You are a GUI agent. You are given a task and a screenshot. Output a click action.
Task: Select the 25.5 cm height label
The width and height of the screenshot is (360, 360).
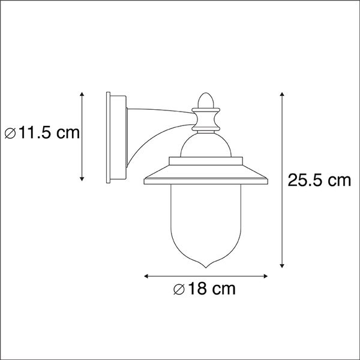(x=319, y=181)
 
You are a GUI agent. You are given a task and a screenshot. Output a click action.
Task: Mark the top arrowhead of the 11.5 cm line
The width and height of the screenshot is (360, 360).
(x=82, y=95)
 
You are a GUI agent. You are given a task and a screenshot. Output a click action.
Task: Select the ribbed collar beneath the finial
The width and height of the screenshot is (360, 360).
(x=205, y=120)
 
